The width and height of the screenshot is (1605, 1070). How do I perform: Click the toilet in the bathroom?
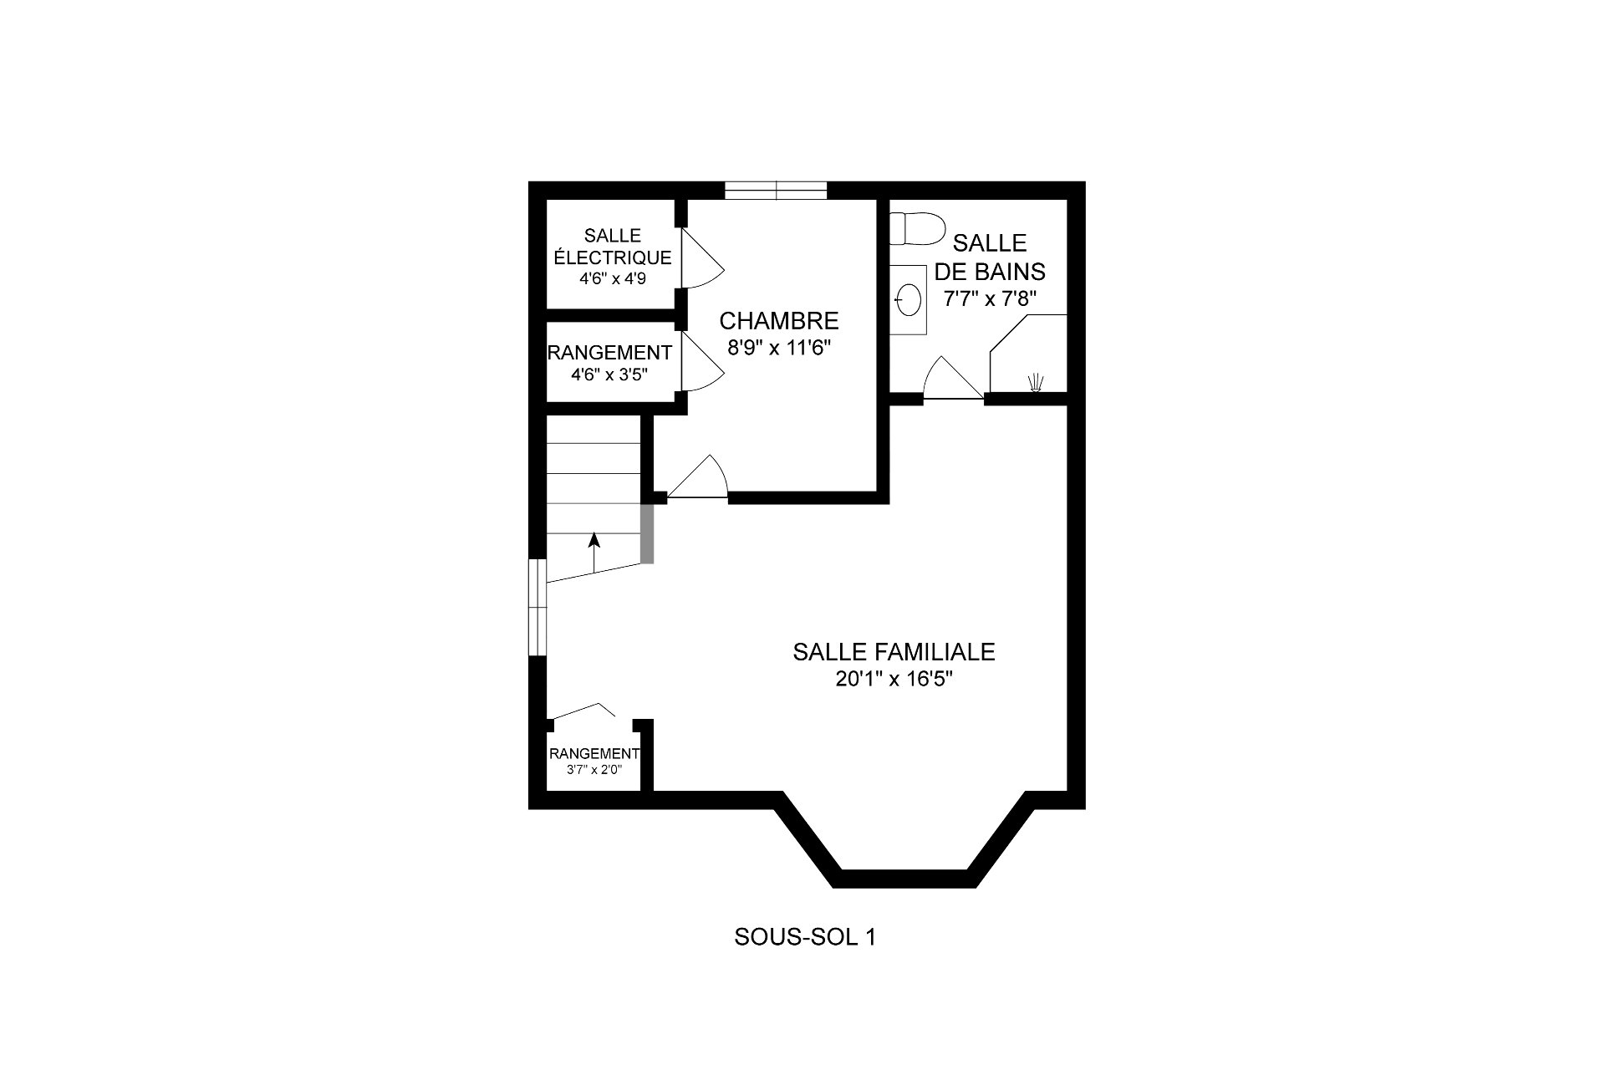click(x=916, y=228)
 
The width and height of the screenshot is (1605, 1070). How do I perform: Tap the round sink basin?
click(x=909, y=297)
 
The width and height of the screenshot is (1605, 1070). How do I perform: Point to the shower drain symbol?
click(x=1037, y=381)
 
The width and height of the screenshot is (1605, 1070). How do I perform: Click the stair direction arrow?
click(x=594, y=553)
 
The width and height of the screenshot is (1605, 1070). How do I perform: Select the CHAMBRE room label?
click(x=779, y=321)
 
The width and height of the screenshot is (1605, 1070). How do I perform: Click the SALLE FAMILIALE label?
click(x=894, y=652)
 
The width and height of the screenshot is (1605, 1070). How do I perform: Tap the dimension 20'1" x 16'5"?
click(x=894, y=680)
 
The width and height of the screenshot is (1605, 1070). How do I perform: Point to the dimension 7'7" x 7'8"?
click(x=995, y=299)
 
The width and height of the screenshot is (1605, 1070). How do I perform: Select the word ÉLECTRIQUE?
click(x=613, y=258)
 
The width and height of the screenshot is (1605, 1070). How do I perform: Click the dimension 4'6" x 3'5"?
click(x=610, y=375)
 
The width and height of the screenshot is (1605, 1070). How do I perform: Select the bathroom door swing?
click(x=953, y=378)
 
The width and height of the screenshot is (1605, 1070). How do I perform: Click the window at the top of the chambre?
click(x=776, y=191)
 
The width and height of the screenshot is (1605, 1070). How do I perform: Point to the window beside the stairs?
click(x=538, y=608)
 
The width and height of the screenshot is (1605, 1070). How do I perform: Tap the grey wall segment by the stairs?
click(x=647, y=532)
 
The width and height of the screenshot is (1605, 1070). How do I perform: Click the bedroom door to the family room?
click(x=698, y=477)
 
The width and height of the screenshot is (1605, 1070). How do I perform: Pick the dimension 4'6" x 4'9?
click(x=613, y=280)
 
